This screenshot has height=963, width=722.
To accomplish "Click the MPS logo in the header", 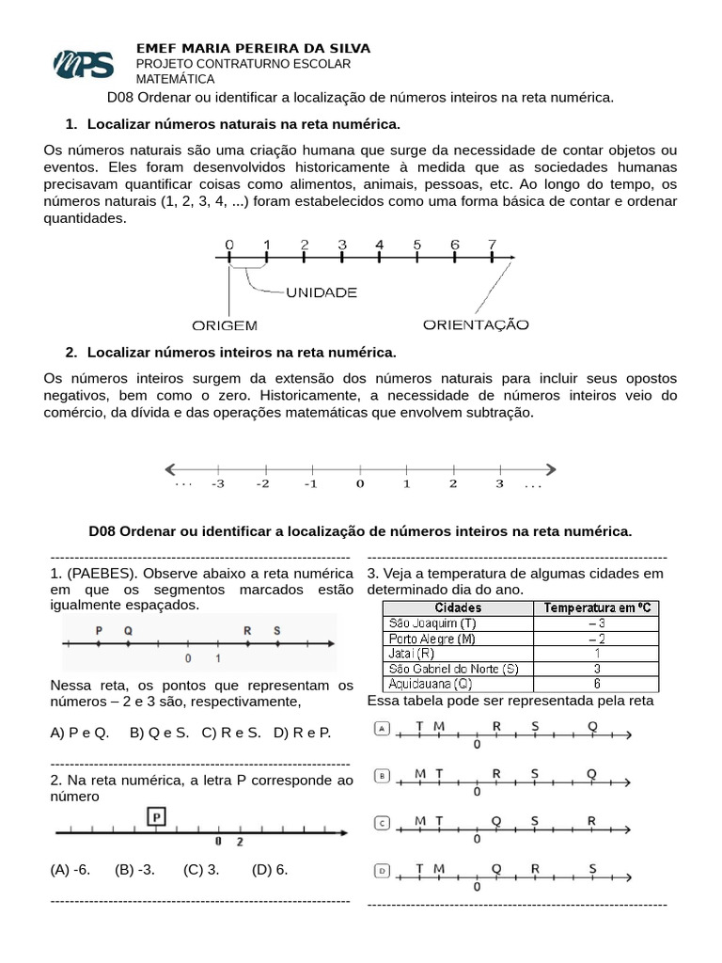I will tap(84, 64).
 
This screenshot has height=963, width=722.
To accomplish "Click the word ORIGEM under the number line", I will tap(225, 325).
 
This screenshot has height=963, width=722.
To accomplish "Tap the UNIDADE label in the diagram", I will tap(322, 292).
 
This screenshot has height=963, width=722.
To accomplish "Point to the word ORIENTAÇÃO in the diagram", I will tap(476, 324).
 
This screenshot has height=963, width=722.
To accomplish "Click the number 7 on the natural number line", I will tap(492, 245).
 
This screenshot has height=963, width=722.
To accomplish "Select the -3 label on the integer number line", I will tap(217, 484).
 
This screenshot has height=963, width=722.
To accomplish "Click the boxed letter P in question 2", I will tap(156, 815).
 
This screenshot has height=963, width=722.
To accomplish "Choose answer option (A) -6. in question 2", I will tap(71, 869).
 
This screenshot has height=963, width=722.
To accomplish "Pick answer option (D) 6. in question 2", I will tap(270, 869).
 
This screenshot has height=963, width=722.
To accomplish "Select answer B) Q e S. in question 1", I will tap(160, 732).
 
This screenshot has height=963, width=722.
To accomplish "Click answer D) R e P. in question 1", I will tap(302, 732).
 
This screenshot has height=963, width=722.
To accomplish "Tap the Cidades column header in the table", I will tap(459, 608).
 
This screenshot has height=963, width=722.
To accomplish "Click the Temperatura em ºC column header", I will tap(597, 608).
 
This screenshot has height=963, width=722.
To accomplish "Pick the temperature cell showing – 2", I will tap(597, 638).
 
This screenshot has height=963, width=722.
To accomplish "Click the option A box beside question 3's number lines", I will tap(383, 728).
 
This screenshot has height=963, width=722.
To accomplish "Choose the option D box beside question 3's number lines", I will tap(383, 871).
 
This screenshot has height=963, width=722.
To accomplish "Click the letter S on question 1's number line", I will tap(276, 630).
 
